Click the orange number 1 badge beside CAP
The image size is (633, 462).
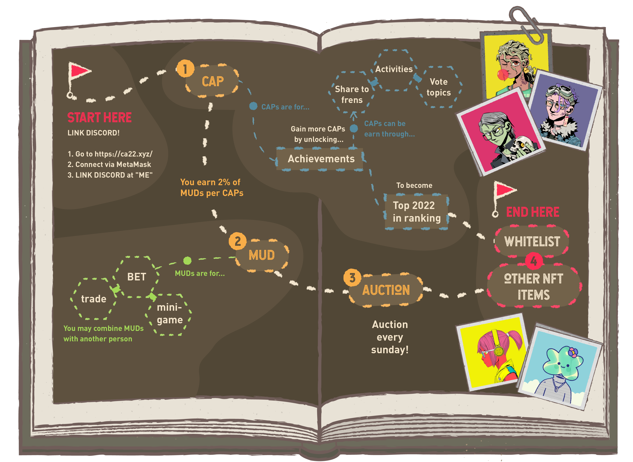pos(185,69)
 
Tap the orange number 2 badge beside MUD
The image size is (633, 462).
pos(237,241)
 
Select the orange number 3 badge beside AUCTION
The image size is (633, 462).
pos(352,278)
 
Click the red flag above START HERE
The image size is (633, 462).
pos(80,71)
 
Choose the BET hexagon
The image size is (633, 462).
pos(137,277)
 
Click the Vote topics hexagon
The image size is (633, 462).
pos(439,87)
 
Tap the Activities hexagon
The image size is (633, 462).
pos(394,69)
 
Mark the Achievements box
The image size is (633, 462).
pos(321,159)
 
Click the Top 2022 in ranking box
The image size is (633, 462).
pos(416,212)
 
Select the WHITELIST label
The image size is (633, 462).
pos(532,241)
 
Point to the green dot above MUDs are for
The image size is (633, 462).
pos(187,261)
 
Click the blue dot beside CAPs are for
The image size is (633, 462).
pos(253,106)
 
